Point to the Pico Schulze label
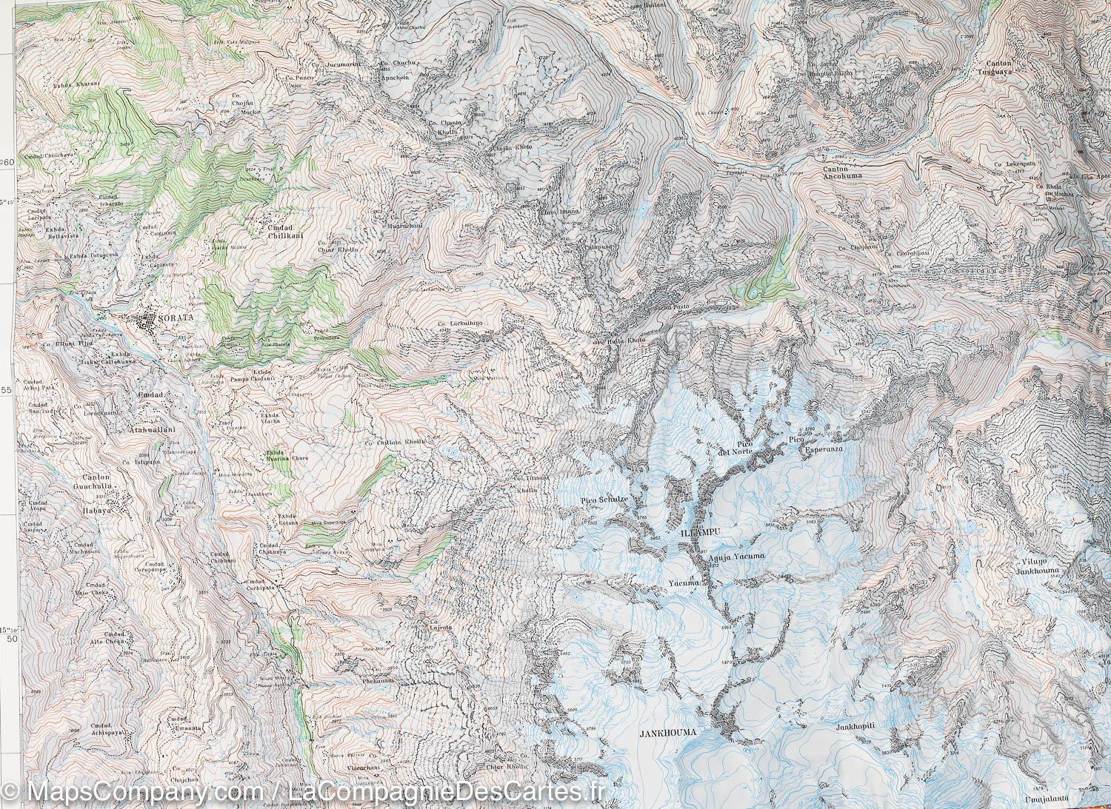[x=604, y=500]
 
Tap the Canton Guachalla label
[x=91, y=482]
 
